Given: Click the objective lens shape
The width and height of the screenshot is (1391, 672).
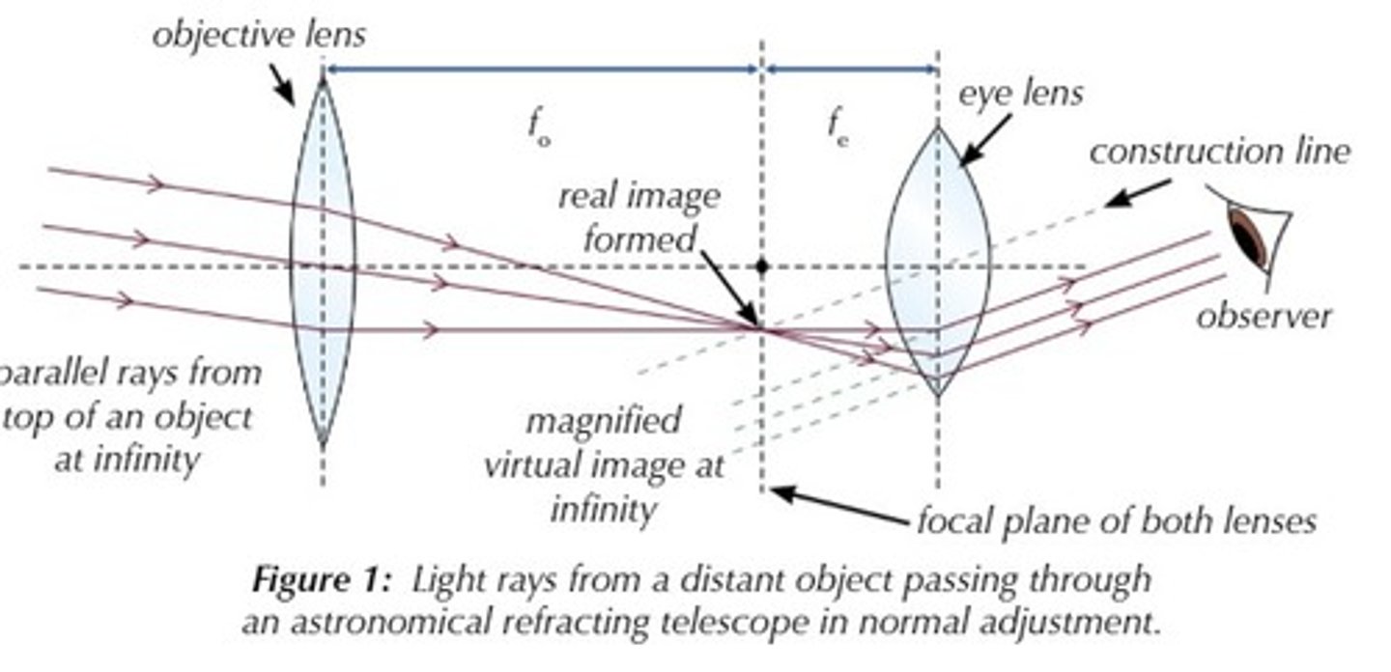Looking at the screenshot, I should (323, 261).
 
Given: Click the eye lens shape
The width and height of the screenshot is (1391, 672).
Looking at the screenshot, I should (935, 261).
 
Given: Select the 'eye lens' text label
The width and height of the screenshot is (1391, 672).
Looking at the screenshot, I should (1020, 94).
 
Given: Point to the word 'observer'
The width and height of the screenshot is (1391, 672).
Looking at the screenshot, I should (1263, 317).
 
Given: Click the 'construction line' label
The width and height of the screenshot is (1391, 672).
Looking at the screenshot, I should (1219, 152).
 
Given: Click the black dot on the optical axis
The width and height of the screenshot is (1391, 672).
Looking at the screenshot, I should (762, 266).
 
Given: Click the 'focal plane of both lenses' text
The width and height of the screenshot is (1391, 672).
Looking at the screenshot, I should (1115, 521).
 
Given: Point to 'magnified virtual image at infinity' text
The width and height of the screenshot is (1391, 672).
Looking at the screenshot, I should (604, 464).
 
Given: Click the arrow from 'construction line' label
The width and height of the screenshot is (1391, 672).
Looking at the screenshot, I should (1140, 192).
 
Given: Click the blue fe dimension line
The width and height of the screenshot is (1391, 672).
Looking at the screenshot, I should (850, 69).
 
